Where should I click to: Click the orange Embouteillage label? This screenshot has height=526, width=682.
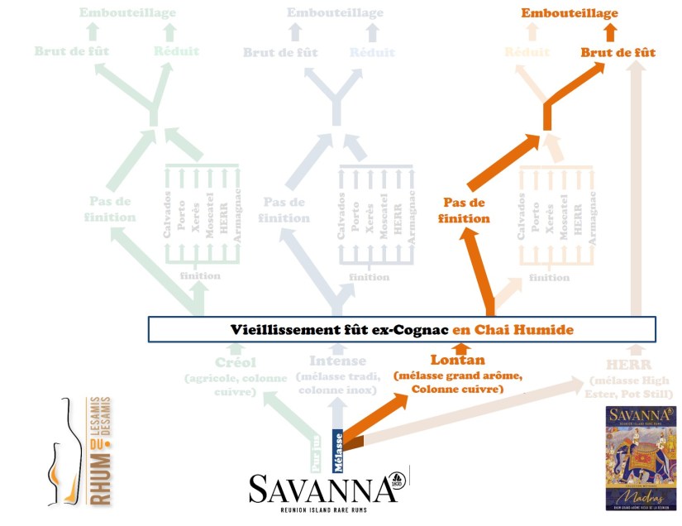(569, 13)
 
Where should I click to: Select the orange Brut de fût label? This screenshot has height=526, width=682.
(618, 52)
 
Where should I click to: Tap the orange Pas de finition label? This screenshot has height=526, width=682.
(466, 210)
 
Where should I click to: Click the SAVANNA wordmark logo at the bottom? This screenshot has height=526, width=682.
(323, 490)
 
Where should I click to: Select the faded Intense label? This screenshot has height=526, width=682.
(336, 361)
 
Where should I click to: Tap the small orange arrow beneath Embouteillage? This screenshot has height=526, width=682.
(610, 32)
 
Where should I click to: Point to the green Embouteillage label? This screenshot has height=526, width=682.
(128, 13)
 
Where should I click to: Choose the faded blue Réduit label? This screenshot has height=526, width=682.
(371, 52)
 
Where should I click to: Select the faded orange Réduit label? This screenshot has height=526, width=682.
(527, 52)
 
